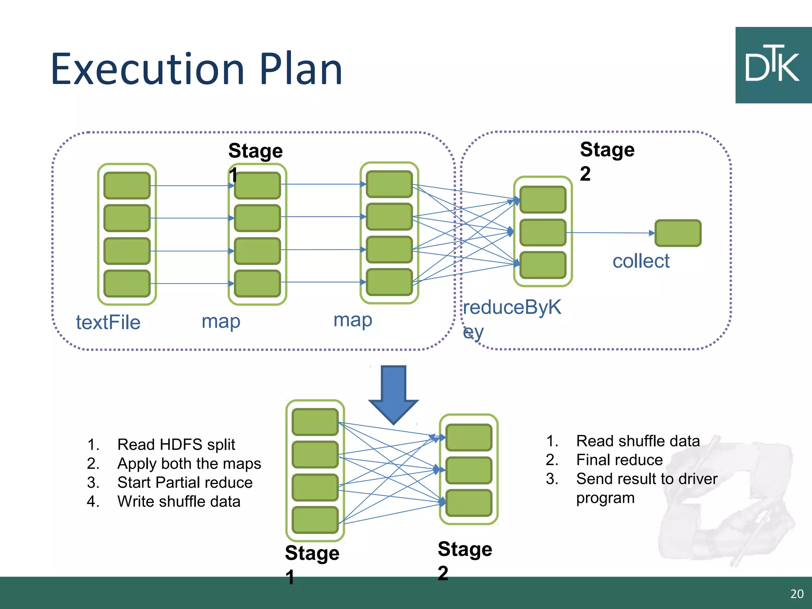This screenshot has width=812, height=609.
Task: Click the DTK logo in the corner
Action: click(x=773, y=65)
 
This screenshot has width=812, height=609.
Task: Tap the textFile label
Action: click(x=108, y=322)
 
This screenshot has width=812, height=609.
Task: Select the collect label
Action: click(x=641, y=261)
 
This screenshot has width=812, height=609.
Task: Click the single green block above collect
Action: click(x=678, y=233)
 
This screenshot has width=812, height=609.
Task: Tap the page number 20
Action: click(x=797, y=594)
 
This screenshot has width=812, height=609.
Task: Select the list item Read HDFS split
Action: click(x=176, y=444)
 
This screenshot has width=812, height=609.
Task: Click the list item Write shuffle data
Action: click(x=179, y=502)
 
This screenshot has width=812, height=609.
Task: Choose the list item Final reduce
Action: click(x=619, y=460)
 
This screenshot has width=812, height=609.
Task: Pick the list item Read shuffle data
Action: click(x=638, y=441)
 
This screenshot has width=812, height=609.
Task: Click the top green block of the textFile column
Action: click(x=127, y=186)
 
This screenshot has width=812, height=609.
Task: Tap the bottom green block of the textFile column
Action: click(x=127, y=283)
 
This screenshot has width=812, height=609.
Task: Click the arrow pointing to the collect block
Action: click(x=611, y=233)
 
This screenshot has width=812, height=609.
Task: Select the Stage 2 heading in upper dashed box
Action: click(x=607, y=161)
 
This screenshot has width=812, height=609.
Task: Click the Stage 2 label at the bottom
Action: click(x=464, y=560)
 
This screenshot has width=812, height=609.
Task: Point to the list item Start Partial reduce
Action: click(x=185, y=483)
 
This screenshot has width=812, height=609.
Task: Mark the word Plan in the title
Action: click(x=301, y=70)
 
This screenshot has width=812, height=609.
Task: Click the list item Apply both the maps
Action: click(x=189, y=463)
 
